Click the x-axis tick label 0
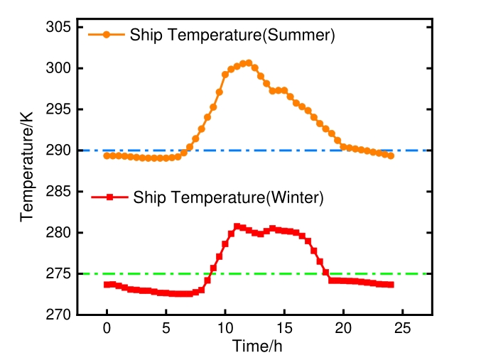click(107, 329)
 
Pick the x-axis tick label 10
click(225, 329)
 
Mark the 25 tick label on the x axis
click(402, 329)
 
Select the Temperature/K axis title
click(27, 172)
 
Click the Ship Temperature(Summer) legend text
click(232, 35)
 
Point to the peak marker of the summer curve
click(249, 62)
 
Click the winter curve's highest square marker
click(237, 227)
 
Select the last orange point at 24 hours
click(391, 156)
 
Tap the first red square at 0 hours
click(107, 285)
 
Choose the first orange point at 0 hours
click(107, 155)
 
